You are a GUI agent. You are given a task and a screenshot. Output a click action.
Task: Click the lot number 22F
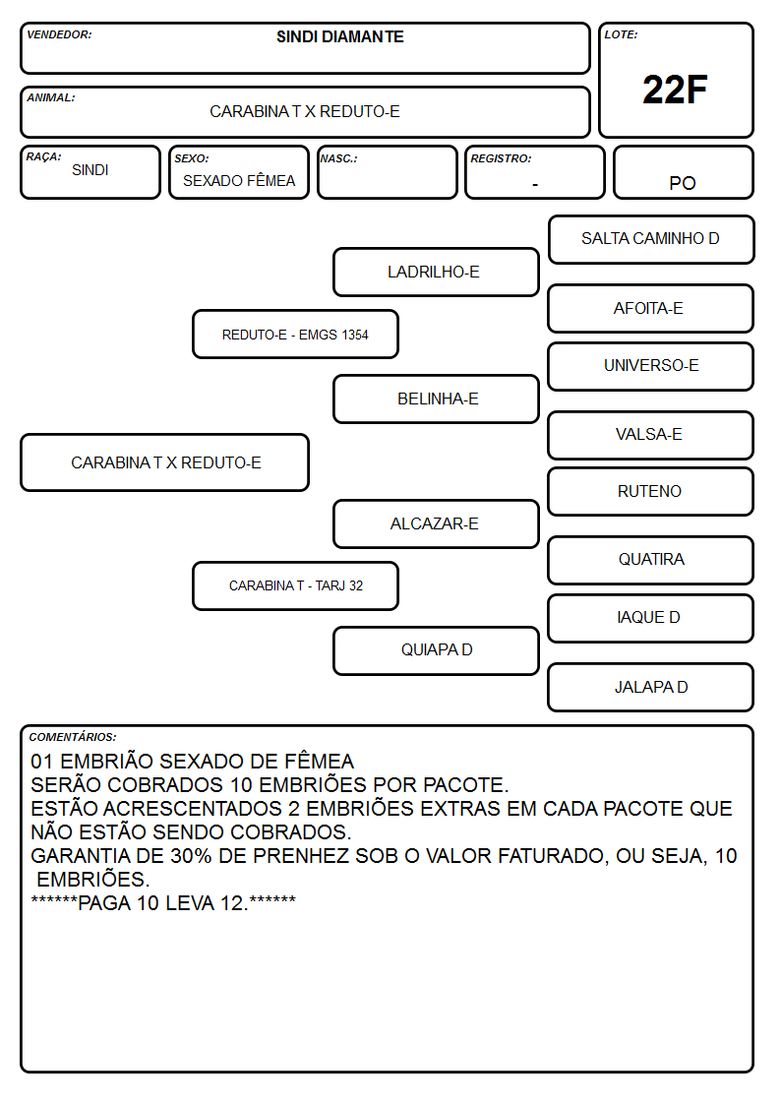[x=675, y=90]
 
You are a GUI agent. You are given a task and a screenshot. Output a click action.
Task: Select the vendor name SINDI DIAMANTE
[x=340, y=36]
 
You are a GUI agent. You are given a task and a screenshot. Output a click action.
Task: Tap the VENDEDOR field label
[x=59, y=34]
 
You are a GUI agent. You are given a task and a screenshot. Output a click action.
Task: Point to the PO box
[x=683, y=172]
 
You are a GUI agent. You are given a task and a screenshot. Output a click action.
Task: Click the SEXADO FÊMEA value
[x=239, y=181]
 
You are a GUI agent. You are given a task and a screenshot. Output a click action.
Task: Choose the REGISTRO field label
[x=501, y=158]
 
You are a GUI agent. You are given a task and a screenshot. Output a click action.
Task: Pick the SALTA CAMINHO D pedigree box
[x=651, y=240]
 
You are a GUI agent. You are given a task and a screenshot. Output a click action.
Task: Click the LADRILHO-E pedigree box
[x=436, y=272]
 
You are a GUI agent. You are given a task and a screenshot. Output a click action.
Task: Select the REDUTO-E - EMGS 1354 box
[x=295, y=334]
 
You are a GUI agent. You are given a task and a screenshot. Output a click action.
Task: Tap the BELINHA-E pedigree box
[x=436, y=399]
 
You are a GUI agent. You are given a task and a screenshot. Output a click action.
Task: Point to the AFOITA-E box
[x=650, y=309]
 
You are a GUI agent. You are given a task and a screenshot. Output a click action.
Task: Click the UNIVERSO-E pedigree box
[x=650, y=366]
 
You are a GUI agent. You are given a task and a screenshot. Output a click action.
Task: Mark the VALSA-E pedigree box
[x=650, y=436]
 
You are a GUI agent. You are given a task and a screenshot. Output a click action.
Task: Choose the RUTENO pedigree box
[x=650, y=492]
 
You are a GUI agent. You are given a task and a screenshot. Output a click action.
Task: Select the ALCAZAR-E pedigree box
[x=436, y=524]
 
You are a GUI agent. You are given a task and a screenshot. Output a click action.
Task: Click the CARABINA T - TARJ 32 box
[x=295, y=585]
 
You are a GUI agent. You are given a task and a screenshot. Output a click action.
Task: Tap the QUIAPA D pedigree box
[x=436, y=650]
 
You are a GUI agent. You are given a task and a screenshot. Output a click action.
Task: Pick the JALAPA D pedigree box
[x=650, y=687]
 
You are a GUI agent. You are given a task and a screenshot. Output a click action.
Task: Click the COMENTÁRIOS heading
[x=73, y=737]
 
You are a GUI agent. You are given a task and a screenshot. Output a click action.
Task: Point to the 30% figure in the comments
[x=191, y=855]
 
